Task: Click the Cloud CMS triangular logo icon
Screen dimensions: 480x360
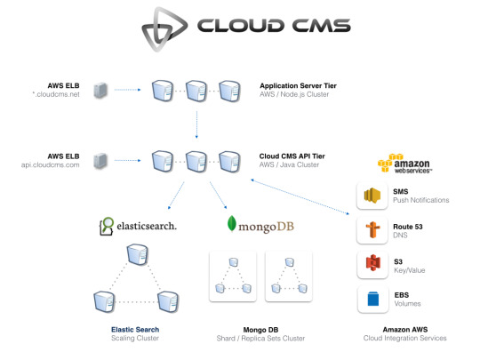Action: [164, 29]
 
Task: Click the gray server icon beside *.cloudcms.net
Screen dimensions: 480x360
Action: [100, 90]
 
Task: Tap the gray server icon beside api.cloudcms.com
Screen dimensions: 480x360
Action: [100, 161]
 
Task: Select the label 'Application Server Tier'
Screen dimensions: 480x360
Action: [298, 85]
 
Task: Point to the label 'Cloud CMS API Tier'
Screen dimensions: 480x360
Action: [292, 156]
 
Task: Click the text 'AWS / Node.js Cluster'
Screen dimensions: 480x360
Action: [294, 94]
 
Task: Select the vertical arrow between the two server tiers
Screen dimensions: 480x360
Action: [196, 124]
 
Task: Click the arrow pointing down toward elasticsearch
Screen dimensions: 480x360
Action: [176, 196]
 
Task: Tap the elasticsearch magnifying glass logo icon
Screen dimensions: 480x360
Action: [107, 227]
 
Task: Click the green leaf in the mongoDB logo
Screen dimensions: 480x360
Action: [232, 223]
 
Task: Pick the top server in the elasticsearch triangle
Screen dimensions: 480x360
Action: [138, 254]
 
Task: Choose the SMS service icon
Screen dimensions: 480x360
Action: [372, 196]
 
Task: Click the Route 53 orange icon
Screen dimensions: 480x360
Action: [372, 230]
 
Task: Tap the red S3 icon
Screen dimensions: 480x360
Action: [372, 264]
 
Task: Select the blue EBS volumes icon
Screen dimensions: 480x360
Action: [372, 299]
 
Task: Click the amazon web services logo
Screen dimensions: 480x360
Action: [404, 164]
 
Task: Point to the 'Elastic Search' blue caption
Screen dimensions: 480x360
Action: [135, 330]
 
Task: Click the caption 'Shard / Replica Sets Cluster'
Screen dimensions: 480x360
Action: [260, 339]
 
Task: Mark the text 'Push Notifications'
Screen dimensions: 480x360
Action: [421, 200]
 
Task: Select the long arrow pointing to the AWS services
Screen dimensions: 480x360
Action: [300, 196]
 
